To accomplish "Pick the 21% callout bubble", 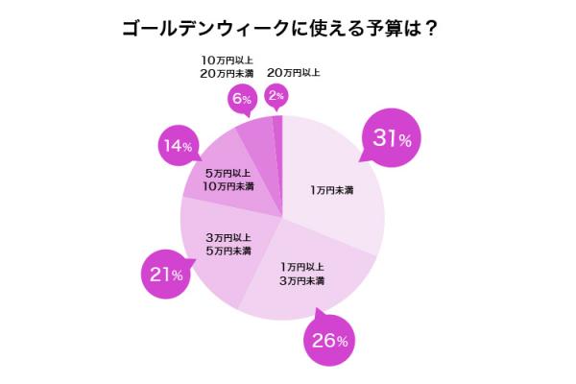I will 166,275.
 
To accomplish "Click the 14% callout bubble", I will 180,147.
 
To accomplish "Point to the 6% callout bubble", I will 241,99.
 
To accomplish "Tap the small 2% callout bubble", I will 276,96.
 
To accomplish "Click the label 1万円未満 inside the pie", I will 332,190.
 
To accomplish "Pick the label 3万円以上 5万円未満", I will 228,244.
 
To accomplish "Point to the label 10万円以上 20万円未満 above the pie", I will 220,64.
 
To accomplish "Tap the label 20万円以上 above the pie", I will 293,72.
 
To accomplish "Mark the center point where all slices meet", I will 282,218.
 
